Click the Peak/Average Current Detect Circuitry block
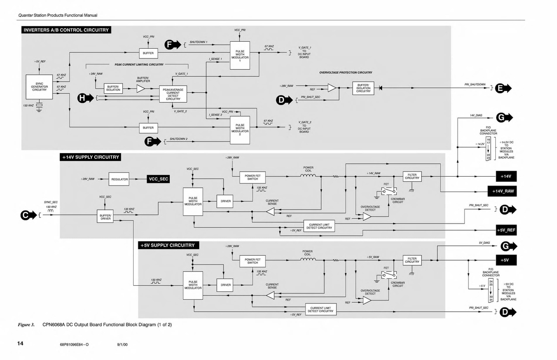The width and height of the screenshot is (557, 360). [x=173, y=94]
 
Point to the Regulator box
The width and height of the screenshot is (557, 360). [x=119, y=179]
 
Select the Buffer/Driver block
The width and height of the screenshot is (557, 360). [x=106, y=217]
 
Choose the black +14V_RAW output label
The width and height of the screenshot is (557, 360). [x=505, y=191]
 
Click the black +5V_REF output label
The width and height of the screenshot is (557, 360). [x=506, y=230]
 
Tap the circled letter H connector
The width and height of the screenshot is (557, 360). [x=83, y=98]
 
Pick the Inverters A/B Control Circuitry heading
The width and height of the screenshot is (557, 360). [x=66, y=31]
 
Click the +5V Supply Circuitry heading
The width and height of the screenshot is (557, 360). [x=168, y=245]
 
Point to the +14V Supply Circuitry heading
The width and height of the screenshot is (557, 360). [x=91, y=157]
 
